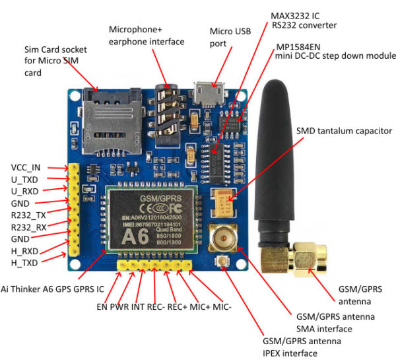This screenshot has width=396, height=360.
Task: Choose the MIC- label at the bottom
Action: coord(222,306)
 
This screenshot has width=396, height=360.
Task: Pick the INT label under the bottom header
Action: coord(137,306)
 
